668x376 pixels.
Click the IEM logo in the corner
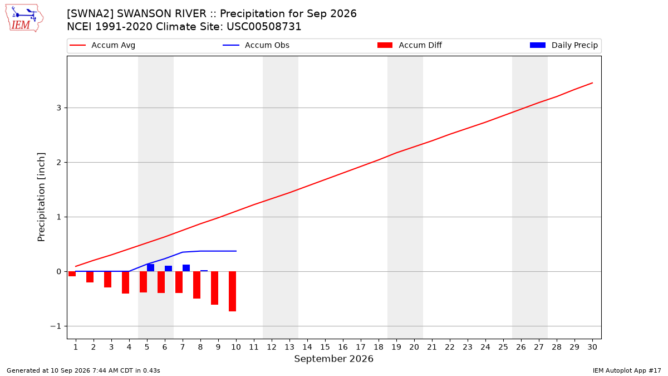[x=24, y=18]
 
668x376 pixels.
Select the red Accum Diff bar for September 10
[x=232, y=291]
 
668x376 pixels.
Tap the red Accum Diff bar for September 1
[x=72, y=274]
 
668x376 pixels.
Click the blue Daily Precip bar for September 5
[x=151, y=268]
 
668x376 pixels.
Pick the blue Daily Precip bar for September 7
[x=186, y=268]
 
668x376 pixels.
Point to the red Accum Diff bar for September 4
[x=126, y=282]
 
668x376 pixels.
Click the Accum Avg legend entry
[x=102, y=45]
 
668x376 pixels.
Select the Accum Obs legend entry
[x=256, y=45]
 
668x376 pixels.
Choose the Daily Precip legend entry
[x=563, y=45]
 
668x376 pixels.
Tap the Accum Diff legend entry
[x=410, y=45]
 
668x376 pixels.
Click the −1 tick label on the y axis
[x=56, y=326]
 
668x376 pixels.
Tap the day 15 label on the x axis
[x=325, y=347]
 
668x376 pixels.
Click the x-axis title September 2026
[x=333, y=359]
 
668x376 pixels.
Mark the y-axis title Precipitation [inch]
[x=41, y=197]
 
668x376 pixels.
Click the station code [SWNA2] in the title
[x=90, y=14]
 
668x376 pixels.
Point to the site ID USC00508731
[x=264, y=27]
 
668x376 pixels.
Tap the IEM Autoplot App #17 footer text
[x=627, y=370]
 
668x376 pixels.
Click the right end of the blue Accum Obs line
[x=236, y=251]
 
